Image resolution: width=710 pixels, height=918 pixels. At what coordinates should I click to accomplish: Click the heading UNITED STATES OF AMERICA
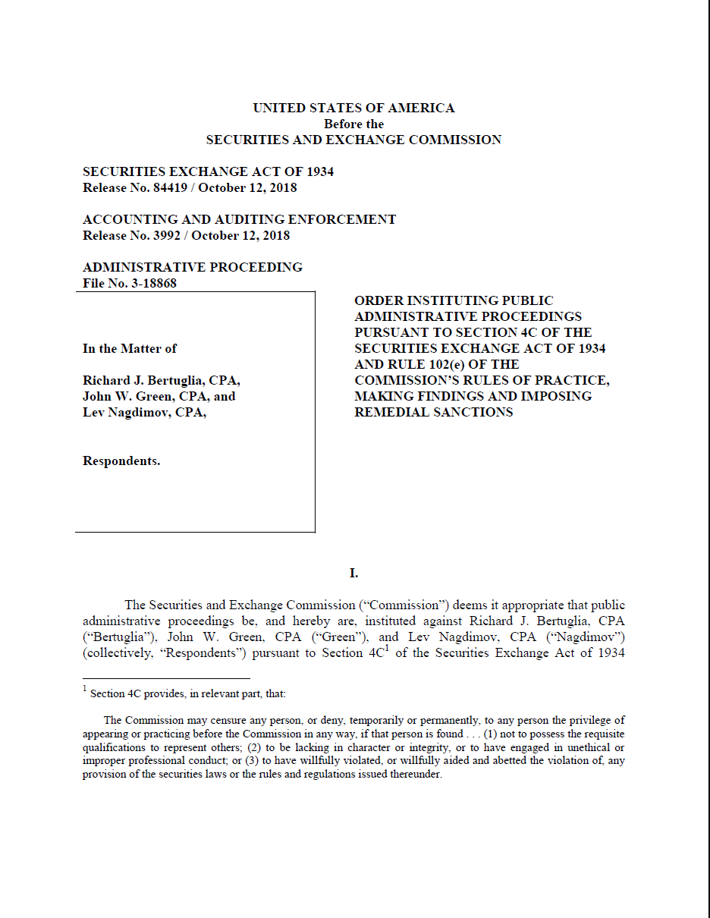[353, 108]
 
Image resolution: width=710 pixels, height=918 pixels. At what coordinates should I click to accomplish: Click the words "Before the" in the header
[353, 124]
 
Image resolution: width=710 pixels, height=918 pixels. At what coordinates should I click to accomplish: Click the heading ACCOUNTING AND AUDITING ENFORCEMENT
[239, 219]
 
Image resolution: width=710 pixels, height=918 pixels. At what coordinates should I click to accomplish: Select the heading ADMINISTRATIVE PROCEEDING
[193, 267]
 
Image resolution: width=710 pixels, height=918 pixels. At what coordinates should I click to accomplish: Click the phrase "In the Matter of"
[130, 349]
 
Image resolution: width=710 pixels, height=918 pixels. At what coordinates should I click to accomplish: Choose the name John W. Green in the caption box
[130, 397]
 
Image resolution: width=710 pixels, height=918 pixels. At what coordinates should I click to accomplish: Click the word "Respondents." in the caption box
[121, 461]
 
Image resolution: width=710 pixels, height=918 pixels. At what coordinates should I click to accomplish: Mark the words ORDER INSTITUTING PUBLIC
[454, 301]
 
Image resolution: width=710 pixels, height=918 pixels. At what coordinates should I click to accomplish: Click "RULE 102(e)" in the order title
[426, 365]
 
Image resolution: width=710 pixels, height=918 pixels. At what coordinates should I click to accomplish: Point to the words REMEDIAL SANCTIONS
[433, 413]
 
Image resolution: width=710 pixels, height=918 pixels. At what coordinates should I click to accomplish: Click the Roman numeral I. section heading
[353, 574]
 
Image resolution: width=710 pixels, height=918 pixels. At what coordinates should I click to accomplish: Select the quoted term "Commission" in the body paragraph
[413, 605]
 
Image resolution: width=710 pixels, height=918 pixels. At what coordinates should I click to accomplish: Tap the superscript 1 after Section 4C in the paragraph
[387, 649]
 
